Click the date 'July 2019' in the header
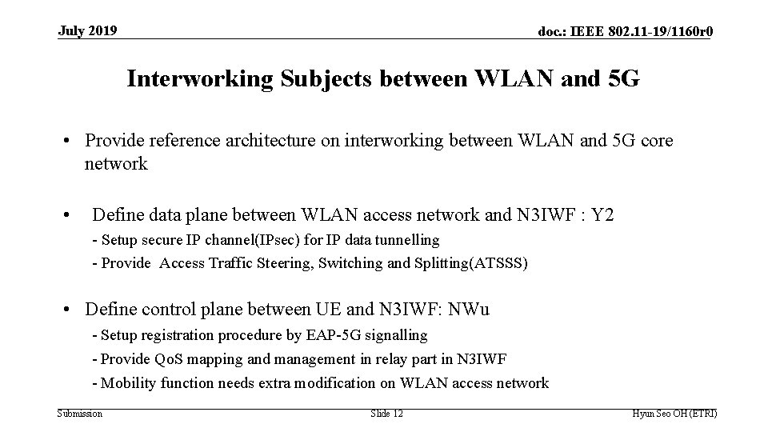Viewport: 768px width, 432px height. pyautogui.click(x=88, y=31)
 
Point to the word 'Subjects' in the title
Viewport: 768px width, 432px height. pyautogui.click(x=313, y=79)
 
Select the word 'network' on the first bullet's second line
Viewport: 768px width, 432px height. pyautogui.click(x=116, y=164)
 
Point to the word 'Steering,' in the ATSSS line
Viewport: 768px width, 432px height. pyautogui.click(x=284, y=263)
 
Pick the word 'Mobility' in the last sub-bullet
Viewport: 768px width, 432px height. pyautogui.click(x=129, y=383)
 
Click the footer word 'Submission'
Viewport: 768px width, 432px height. pyautogui.click(x=80, y=414)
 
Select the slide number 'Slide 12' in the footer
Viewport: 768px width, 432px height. pyautogui.click(x=387, y=414)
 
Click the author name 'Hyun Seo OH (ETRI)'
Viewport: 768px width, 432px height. pyautogui.click(x=674, y=414)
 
